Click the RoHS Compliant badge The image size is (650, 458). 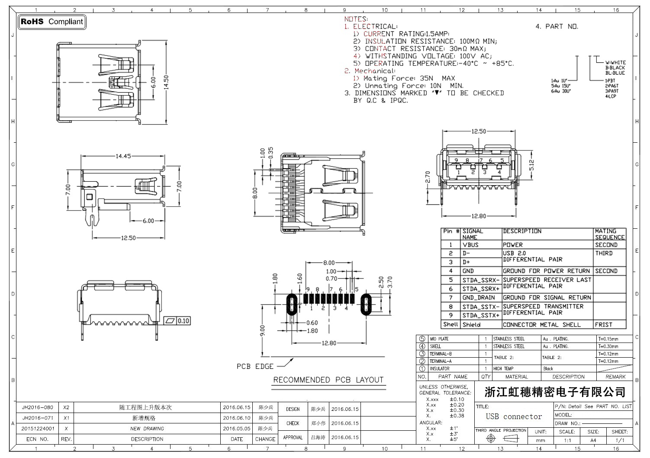click(x=52, y=22)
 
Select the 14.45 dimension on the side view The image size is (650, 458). click(x=123, y=156)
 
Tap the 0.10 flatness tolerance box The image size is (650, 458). click(x=178, y=321)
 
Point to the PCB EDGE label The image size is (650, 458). click(x=255, y=367)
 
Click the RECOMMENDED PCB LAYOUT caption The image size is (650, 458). click(x=328, y=380)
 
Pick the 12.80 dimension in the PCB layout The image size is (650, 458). click(x=329, y=343)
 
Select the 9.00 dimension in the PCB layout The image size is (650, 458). click(x=262, y=331)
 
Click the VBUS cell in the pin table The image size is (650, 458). click(x=470, y=245)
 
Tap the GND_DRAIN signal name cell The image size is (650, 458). click(x=478, y=298)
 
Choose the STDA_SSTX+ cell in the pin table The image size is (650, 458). click(x=480, y=315)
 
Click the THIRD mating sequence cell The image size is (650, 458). click(x=604, y=253)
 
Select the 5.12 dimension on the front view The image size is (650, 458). click(x=532, y=166)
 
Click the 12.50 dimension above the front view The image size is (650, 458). click(x=479, y=131)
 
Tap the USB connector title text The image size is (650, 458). click(x=514, y=416)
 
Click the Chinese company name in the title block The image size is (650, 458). click(x=555, y=392)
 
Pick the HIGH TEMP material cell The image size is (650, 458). click(x=503, y=368)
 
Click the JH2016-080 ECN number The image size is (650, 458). click(x=38, y=407)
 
